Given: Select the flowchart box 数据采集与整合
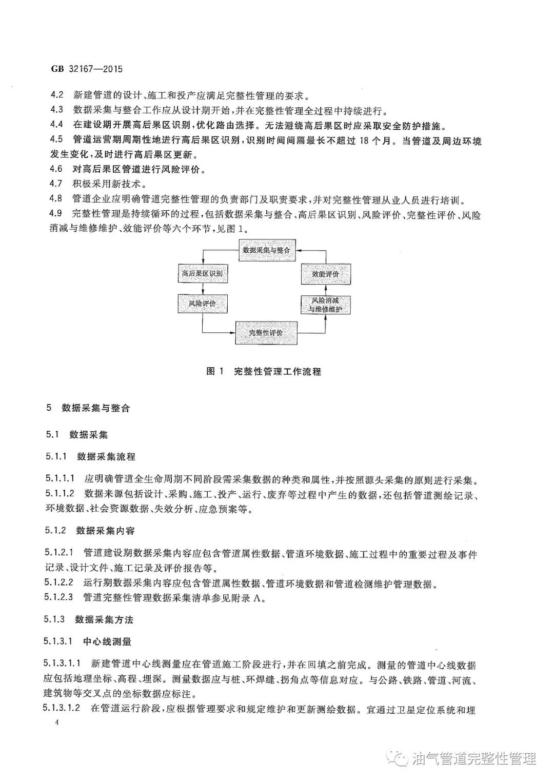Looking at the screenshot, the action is click(266, 250).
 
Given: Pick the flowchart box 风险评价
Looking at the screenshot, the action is click(202, 304).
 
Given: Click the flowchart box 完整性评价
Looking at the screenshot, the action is click(266, 333).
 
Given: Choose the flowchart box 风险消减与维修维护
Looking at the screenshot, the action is click(325, 305).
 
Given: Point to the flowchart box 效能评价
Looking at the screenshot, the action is click(326, 274).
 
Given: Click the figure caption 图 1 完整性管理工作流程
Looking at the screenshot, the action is click(264, 371).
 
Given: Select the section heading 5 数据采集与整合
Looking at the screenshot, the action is click(88, 408).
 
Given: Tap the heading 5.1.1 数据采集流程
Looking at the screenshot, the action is click(90, 456).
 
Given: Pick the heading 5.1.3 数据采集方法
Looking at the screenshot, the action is click(89, 619).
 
